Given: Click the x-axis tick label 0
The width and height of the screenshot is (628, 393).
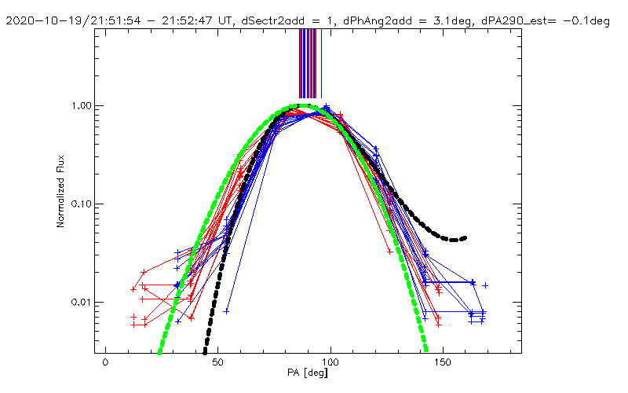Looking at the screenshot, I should [x=104, y=365].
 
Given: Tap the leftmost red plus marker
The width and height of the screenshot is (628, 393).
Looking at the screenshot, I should [x=133, y=289].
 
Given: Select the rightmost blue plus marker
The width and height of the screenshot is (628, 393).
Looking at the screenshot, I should [x=485, y=285].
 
